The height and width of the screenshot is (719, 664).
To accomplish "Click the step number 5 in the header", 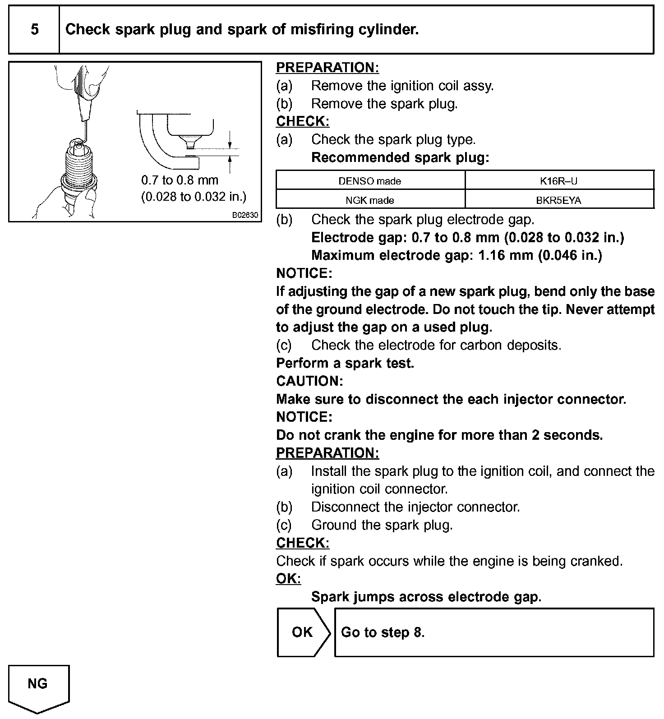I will click(x=34, y=30).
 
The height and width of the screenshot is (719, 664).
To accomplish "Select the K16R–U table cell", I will click(x=559, y=181).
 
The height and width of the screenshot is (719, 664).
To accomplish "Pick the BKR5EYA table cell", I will click(x=559, y=200).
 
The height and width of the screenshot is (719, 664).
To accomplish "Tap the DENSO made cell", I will click(x=370, y=181).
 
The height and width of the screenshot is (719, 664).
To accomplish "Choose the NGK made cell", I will click(x=370, y=200).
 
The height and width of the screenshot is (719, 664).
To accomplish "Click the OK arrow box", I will click(x=303, y=632).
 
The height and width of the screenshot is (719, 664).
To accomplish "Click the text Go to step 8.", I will click(x=383, y=632).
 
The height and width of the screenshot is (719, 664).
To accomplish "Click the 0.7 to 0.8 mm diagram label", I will click(x=180, y=180).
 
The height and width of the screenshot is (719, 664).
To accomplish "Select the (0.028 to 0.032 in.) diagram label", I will click(x=194, y=197).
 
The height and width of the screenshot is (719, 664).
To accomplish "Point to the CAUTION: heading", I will click(x=309, y=381).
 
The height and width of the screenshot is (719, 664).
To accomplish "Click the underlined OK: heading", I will click(x=288, y=579).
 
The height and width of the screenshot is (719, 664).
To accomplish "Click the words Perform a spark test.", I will click(x=345, y=363).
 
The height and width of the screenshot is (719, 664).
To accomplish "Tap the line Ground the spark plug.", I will click(x=382, y=525).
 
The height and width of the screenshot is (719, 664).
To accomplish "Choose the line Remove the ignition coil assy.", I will click(x=402, y=85).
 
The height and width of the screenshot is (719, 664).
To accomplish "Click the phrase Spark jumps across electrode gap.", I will click(x=426, y=597).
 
